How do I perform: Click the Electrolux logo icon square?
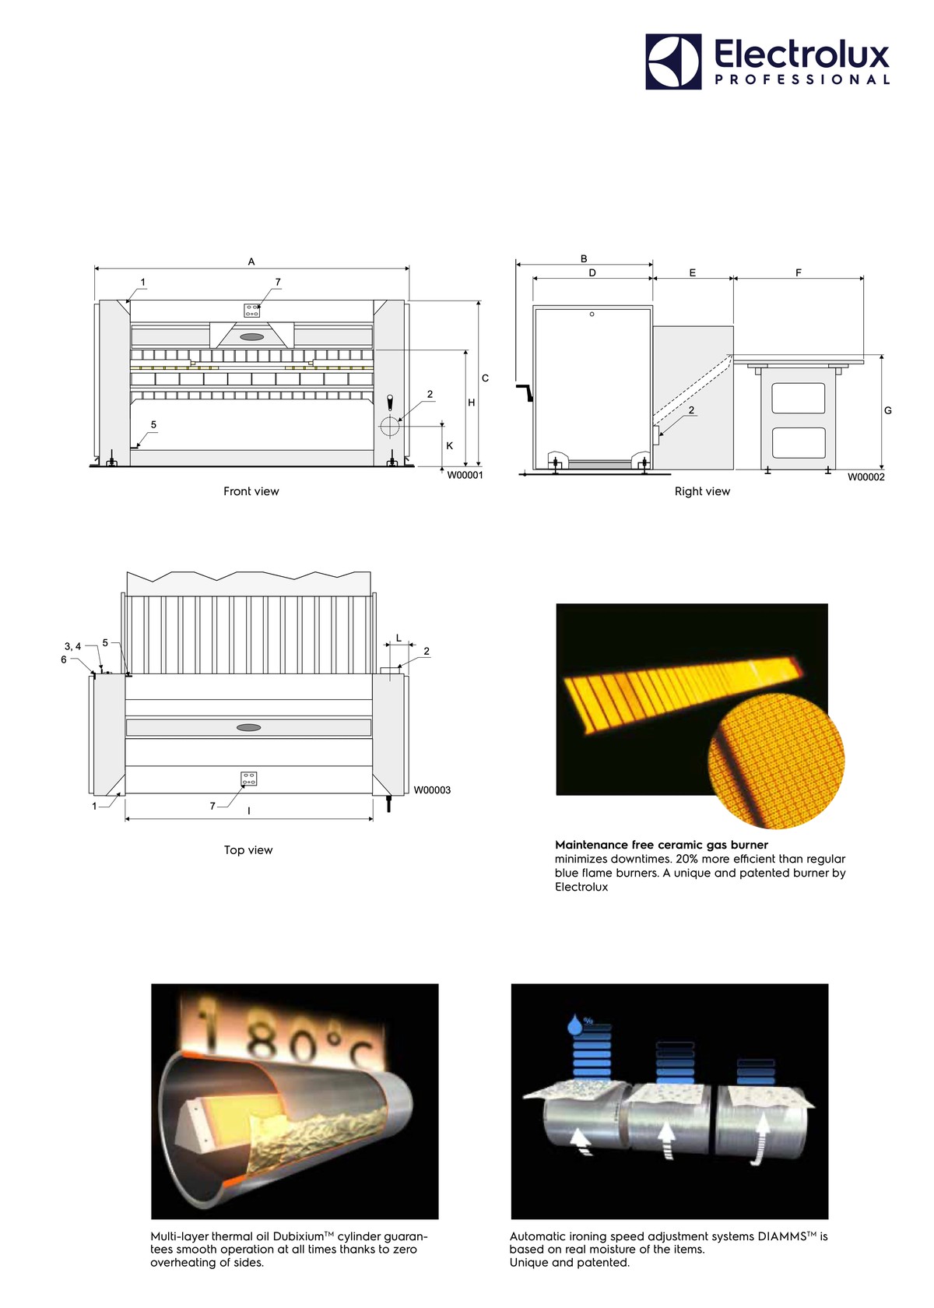[x=673, y=62]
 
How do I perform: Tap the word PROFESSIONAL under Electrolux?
[x=802, y=79]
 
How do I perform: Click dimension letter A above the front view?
[x=251, y=262]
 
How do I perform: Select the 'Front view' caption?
[x=251, y=491]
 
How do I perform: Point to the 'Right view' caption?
[x=702, y=491]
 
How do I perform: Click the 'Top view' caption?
[x=248, y=849]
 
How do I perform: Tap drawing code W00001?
[x=465, y=475]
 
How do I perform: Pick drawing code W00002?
[x=866, y=477]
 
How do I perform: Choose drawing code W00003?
[x=432, y=790]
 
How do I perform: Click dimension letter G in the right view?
[x=888, y=410]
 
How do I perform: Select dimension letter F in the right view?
[x=799, y=272]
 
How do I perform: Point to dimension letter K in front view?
[x=450, y=446]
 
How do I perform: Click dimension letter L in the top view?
[x=399, y=638]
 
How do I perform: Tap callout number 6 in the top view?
[x=64, y=659]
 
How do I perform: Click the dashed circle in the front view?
[x=389, y=427]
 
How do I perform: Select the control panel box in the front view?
[x=251, y=310]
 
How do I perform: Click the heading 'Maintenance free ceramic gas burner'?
[x=662, y=845]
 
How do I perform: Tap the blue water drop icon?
[x=576, y=1025]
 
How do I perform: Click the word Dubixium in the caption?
[x=297, y=1236]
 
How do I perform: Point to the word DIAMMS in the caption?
[x=781, y=1236]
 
